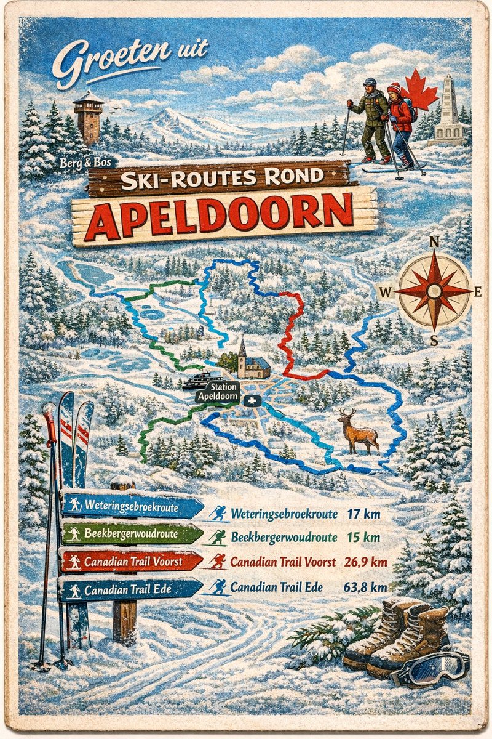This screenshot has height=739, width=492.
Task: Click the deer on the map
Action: click(358, 431)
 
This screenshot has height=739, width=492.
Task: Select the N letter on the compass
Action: click(434, 241)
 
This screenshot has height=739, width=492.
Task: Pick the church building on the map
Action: click(251, 362)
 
